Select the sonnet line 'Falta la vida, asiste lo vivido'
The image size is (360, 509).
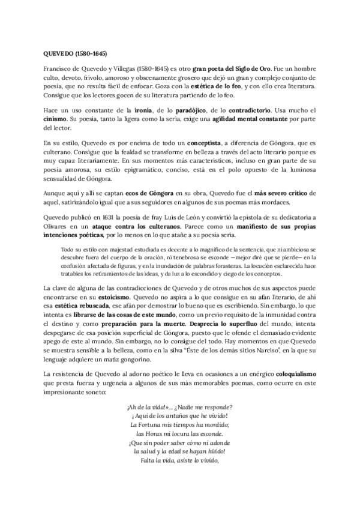[179, 460]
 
